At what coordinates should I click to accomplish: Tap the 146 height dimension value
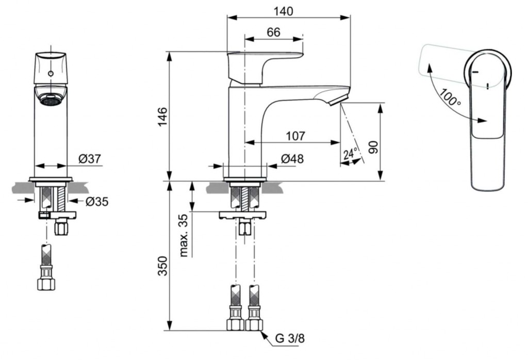click(162, 117)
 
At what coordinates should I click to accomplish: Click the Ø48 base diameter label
click(292, 159)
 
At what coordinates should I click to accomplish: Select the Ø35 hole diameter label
click(96, 201)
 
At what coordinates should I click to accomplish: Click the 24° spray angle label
click(350, 153)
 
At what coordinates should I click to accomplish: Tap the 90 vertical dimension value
click(374, 146)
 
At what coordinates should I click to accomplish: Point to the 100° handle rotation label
click(450, 97)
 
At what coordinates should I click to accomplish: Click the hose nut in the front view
click(46, 284)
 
